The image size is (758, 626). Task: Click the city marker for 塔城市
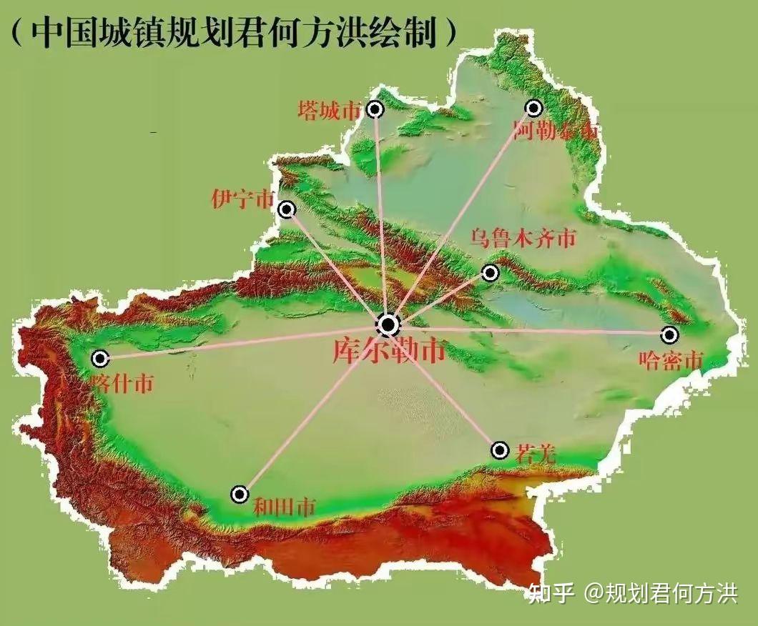(375, 109)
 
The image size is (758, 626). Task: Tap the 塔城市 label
(330, 110)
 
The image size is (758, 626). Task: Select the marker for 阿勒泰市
(533, 108)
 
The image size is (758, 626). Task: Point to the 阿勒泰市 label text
(556, 131)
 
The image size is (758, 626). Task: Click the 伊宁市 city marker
(287, 209)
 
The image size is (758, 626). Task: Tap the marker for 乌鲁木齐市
(490, 272)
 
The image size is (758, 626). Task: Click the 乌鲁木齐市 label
(523, 239)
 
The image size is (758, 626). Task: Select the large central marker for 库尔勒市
(388, 326)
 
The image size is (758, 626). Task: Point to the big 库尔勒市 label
(388, 351)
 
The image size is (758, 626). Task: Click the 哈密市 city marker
(669, 334)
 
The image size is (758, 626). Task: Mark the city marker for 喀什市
(100, 358)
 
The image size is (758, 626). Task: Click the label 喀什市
(122, 384)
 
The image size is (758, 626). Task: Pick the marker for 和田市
(240, 494)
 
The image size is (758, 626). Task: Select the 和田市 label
(284, 508)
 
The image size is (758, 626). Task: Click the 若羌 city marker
(500, 450)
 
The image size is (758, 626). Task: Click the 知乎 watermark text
(551, 593)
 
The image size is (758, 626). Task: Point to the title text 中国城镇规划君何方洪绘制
(233, 31)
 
